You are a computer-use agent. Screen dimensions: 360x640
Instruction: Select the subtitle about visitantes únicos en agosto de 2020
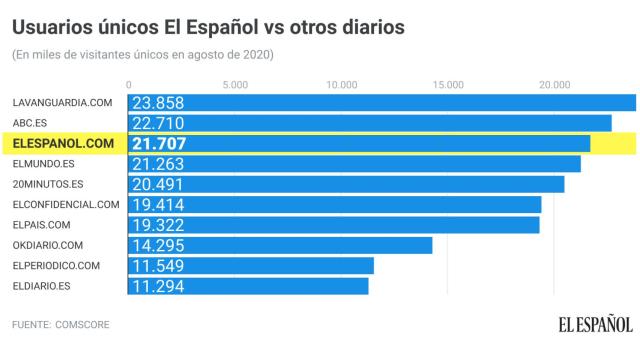pyautogui.click(x=142, y=54)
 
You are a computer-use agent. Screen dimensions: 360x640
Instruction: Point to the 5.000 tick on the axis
pyautogui.click(x=236, y=84)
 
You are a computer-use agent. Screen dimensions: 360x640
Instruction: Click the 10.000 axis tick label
pyautogui.click(x=343, y=84)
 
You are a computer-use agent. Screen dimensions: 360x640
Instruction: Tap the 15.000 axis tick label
pyautogui.click(x=449, y=84)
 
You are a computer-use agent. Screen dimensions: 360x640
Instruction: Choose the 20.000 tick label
pyautogui.click(x=554, y=84)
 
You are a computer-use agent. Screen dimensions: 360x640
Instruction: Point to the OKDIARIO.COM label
pyautogui.click(x=48, y=245)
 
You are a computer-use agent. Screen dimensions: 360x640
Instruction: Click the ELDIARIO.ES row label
pyautogui.click(x=42, y=286)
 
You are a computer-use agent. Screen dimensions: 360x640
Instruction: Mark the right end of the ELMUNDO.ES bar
pyautogui.click(x=579, y=164)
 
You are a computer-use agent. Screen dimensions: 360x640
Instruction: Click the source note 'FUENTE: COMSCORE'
pyautogui.click(x=61, y=325)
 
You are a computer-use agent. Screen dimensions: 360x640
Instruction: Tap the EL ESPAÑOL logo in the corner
pyautogui.click(x=595, y=324)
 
